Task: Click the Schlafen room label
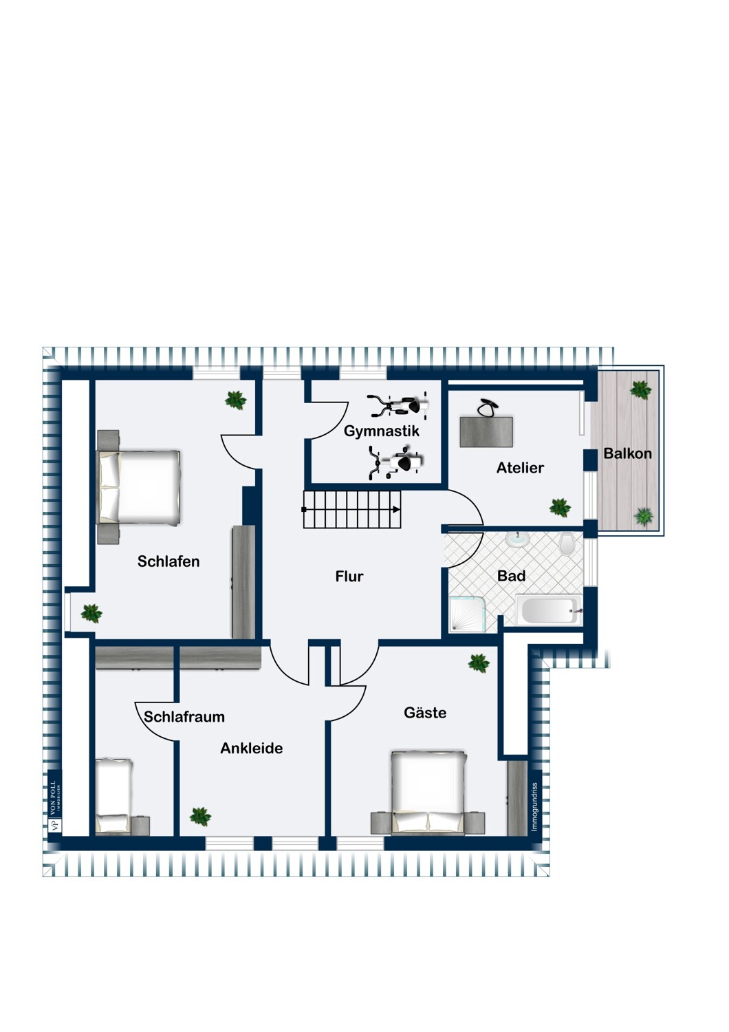168,561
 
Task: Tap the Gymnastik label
381,431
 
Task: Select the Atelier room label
520,468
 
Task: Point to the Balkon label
627,453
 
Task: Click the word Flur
349,576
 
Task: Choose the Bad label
511,575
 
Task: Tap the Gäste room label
425,712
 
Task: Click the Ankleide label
252,748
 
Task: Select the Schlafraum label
184,716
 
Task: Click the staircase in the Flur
352,509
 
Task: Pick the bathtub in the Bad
549,610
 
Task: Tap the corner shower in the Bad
468,614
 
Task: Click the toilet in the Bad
567,544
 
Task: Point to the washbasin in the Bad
519,539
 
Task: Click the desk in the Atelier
486,431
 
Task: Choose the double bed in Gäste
428,793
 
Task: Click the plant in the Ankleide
200,817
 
